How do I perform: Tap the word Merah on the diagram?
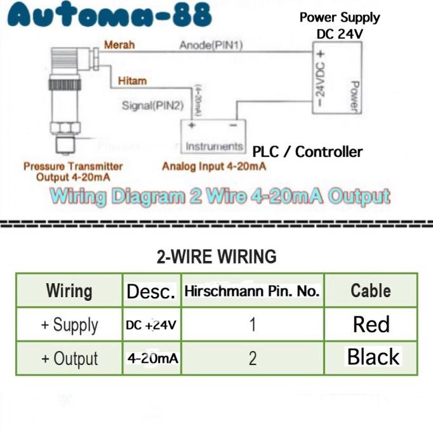coord(119,45)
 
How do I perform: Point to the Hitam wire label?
coord(132,81)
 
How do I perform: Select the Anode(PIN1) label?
coord(211,45)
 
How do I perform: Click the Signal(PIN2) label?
coord(153,105)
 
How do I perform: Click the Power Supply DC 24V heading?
coord(340,25)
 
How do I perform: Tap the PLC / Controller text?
coord(307,152)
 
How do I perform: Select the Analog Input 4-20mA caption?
coord(214,166)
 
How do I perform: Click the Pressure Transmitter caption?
coord(73,171)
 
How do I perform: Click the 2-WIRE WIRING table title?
coord(216,256)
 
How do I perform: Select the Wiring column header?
coord(69,291)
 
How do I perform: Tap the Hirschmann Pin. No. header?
coord(252,291)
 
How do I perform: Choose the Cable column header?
coord(371,291)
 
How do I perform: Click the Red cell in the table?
coord(371,324)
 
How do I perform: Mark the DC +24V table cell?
coord(151,325)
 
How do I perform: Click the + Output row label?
coord(69,359)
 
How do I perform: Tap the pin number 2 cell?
coord(252,359)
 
